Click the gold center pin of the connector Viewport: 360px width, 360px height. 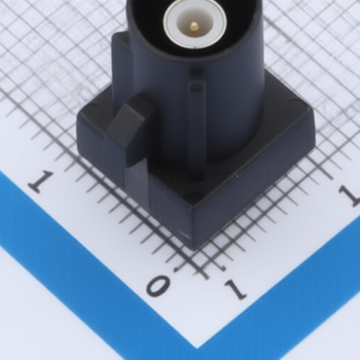point(194,27)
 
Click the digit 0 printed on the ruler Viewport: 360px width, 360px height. point(158,285)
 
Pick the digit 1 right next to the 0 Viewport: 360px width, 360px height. point(236,290)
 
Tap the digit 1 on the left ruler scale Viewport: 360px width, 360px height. point(40,181)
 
